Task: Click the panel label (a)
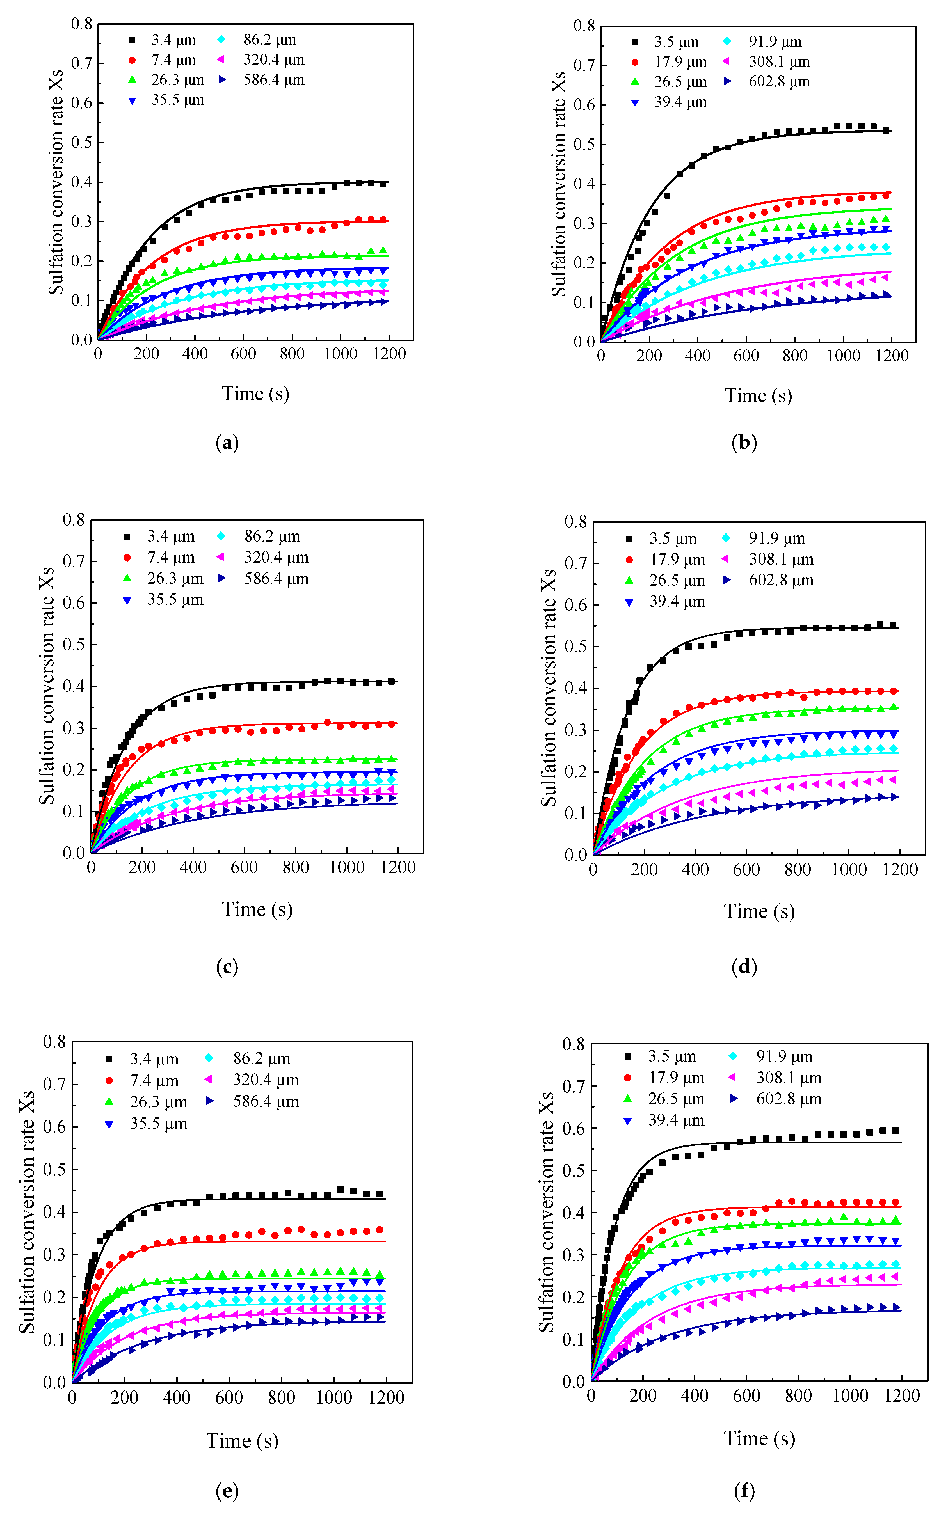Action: [227, 443]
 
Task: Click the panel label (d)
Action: [744, 967]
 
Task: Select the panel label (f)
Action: [744, 1491]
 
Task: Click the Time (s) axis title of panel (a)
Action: [256, 393]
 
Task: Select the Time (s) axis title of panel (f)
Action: [759, 1438]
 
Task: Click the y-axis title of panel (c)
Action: [47, 686]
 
